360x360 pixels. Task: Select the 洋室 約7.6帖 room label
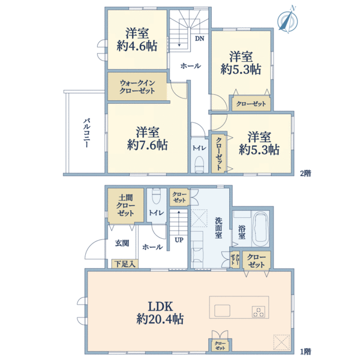[147, 138]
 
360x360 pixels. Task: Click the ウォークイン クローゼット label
[137, 87]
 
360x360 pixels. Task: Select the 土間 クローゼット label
[125, 205]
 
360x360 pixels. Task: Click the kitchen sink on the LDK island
[221, 310]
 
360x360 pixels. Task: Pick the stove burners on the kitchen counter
[259, 311]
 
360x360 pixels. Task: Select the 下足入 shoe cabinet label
[124, 263]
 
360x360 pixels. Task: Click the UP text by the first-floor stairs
[179, 239]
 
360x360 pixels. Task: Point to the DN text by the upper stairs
[199, 38]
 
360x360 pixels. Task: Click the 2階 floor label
[306, 173]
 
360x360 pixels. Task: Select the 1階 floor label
[306, 350]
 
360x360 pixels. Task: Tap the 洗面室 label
[219, 227]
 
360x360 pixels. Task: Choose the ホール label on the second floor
[190, 66]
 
